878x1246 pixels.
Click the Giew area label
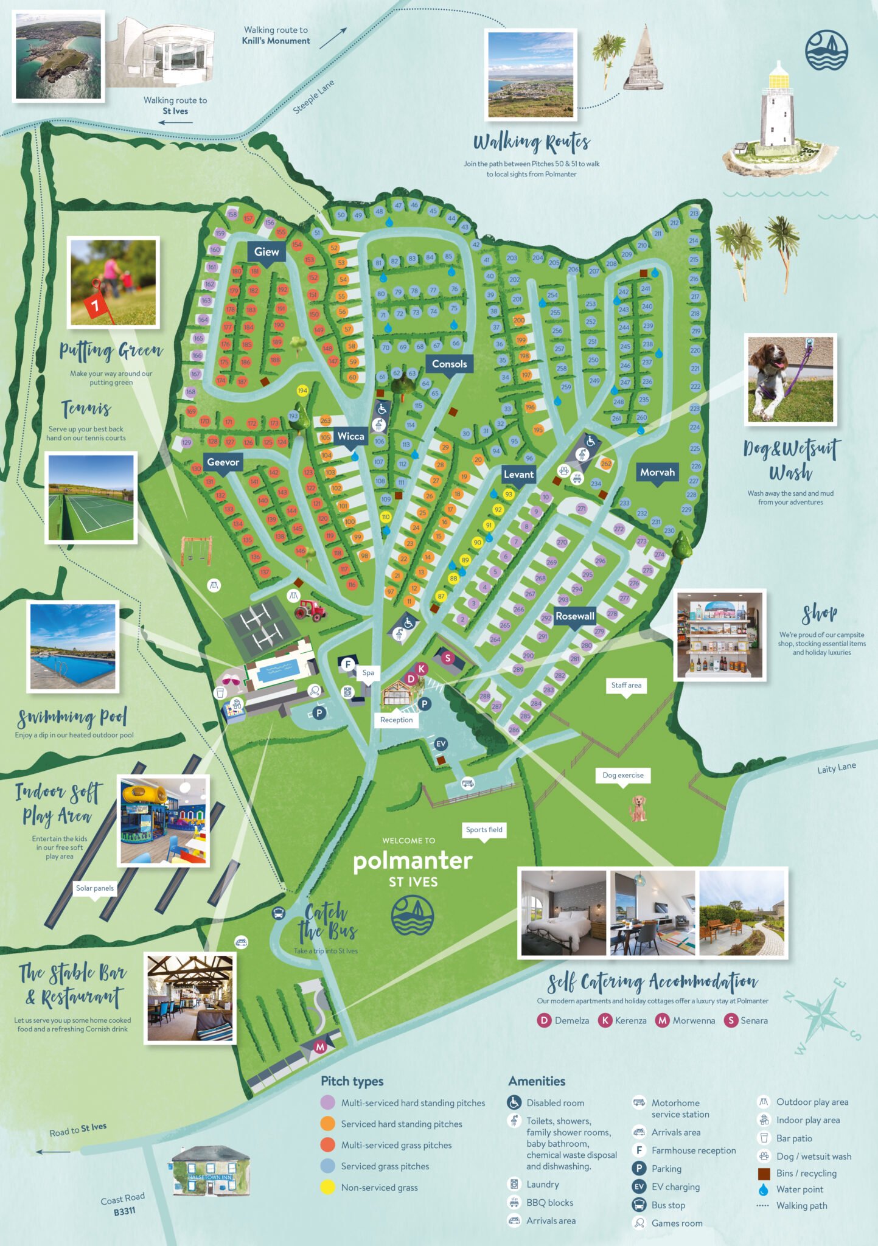coord(267,252)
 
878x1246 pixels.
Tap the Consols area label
coord(449,364)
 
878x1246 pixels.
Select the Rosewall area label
coord(574,616)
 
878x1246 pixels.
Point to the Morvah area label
coord(657,472)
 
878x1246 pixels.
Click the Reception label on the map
coord(396,720)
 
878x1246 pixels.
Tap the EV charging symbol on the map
coord(441,743)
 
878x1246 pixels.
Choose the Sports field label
coord(484,830)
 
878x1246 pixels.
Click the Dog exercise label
coord(622,775)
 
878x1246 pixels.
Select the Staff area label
coord(626,685)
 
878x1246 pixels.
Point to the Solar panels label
coord(94,888)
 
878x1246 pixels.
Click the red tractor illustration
coord(310,610)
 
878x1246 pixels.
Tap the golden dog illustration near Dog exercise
coord(638,809)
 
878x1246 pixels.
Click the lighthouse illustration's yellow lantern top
coord(778,78)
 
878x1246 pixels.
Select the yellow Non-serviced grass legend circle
coord(328,1187)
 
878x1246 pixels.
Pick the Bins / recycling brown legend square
coord(764,1173)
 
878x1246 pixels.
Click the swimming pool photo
coord(73,647)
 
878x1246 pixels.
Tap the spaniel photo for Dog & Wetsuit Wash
coord(790,379)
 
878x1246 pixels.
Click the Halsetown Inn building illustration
coord(210,1172)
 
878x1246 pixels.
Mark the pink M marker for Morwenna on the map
coord(320,1047)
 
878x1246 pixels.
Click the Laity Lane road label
coord(836,768)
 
